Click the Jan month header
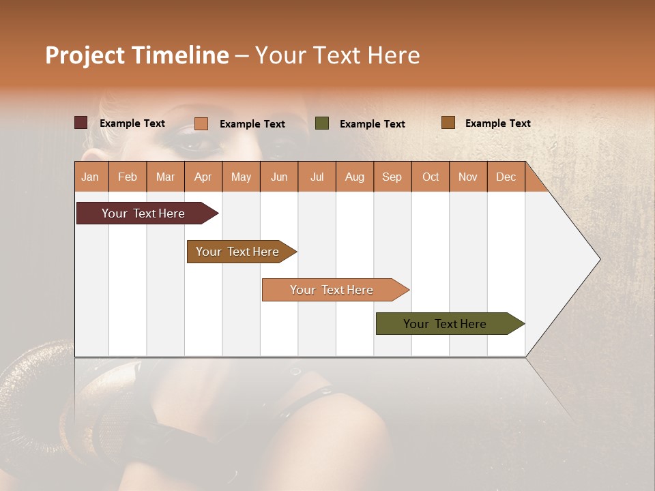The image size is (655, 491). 91,177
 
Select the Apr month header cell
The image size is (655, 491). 203,177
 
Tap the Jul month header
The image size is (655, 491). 317,177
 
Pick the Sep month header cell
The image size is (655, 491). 392,177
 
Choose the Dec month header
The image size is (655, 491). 506,177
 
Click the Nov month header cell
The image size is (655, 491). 468,177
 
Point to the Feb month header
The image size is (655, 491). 128,177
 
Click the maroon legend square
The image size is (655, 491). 81,123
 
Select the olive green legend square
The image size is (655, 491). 322,123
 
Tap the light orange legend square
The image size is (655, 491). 201,123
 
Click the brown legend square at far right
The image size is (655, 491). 448,123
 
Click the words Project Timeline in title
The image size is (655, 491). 136,55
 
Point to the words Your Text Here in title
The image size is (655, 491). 337,55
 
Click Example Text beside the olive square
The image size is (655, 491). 372,124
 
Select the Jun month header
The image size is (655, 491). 279,177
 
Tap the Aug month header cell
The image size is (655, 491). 355,177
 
